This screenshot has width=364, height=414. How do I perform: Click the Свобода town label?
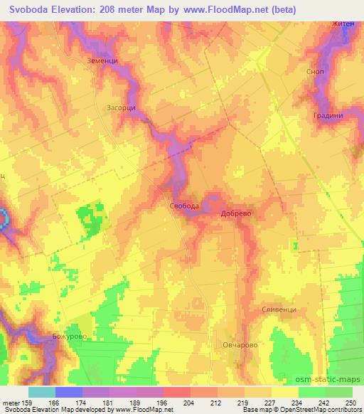coord(184,206)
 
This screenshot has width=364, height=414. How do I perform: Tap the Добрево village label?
coord(237,213)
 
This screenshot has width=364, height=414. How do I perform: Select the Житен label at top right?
coord(342,24)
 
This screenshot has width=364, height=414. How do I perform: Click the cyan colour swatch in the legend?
coord(41,392)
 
